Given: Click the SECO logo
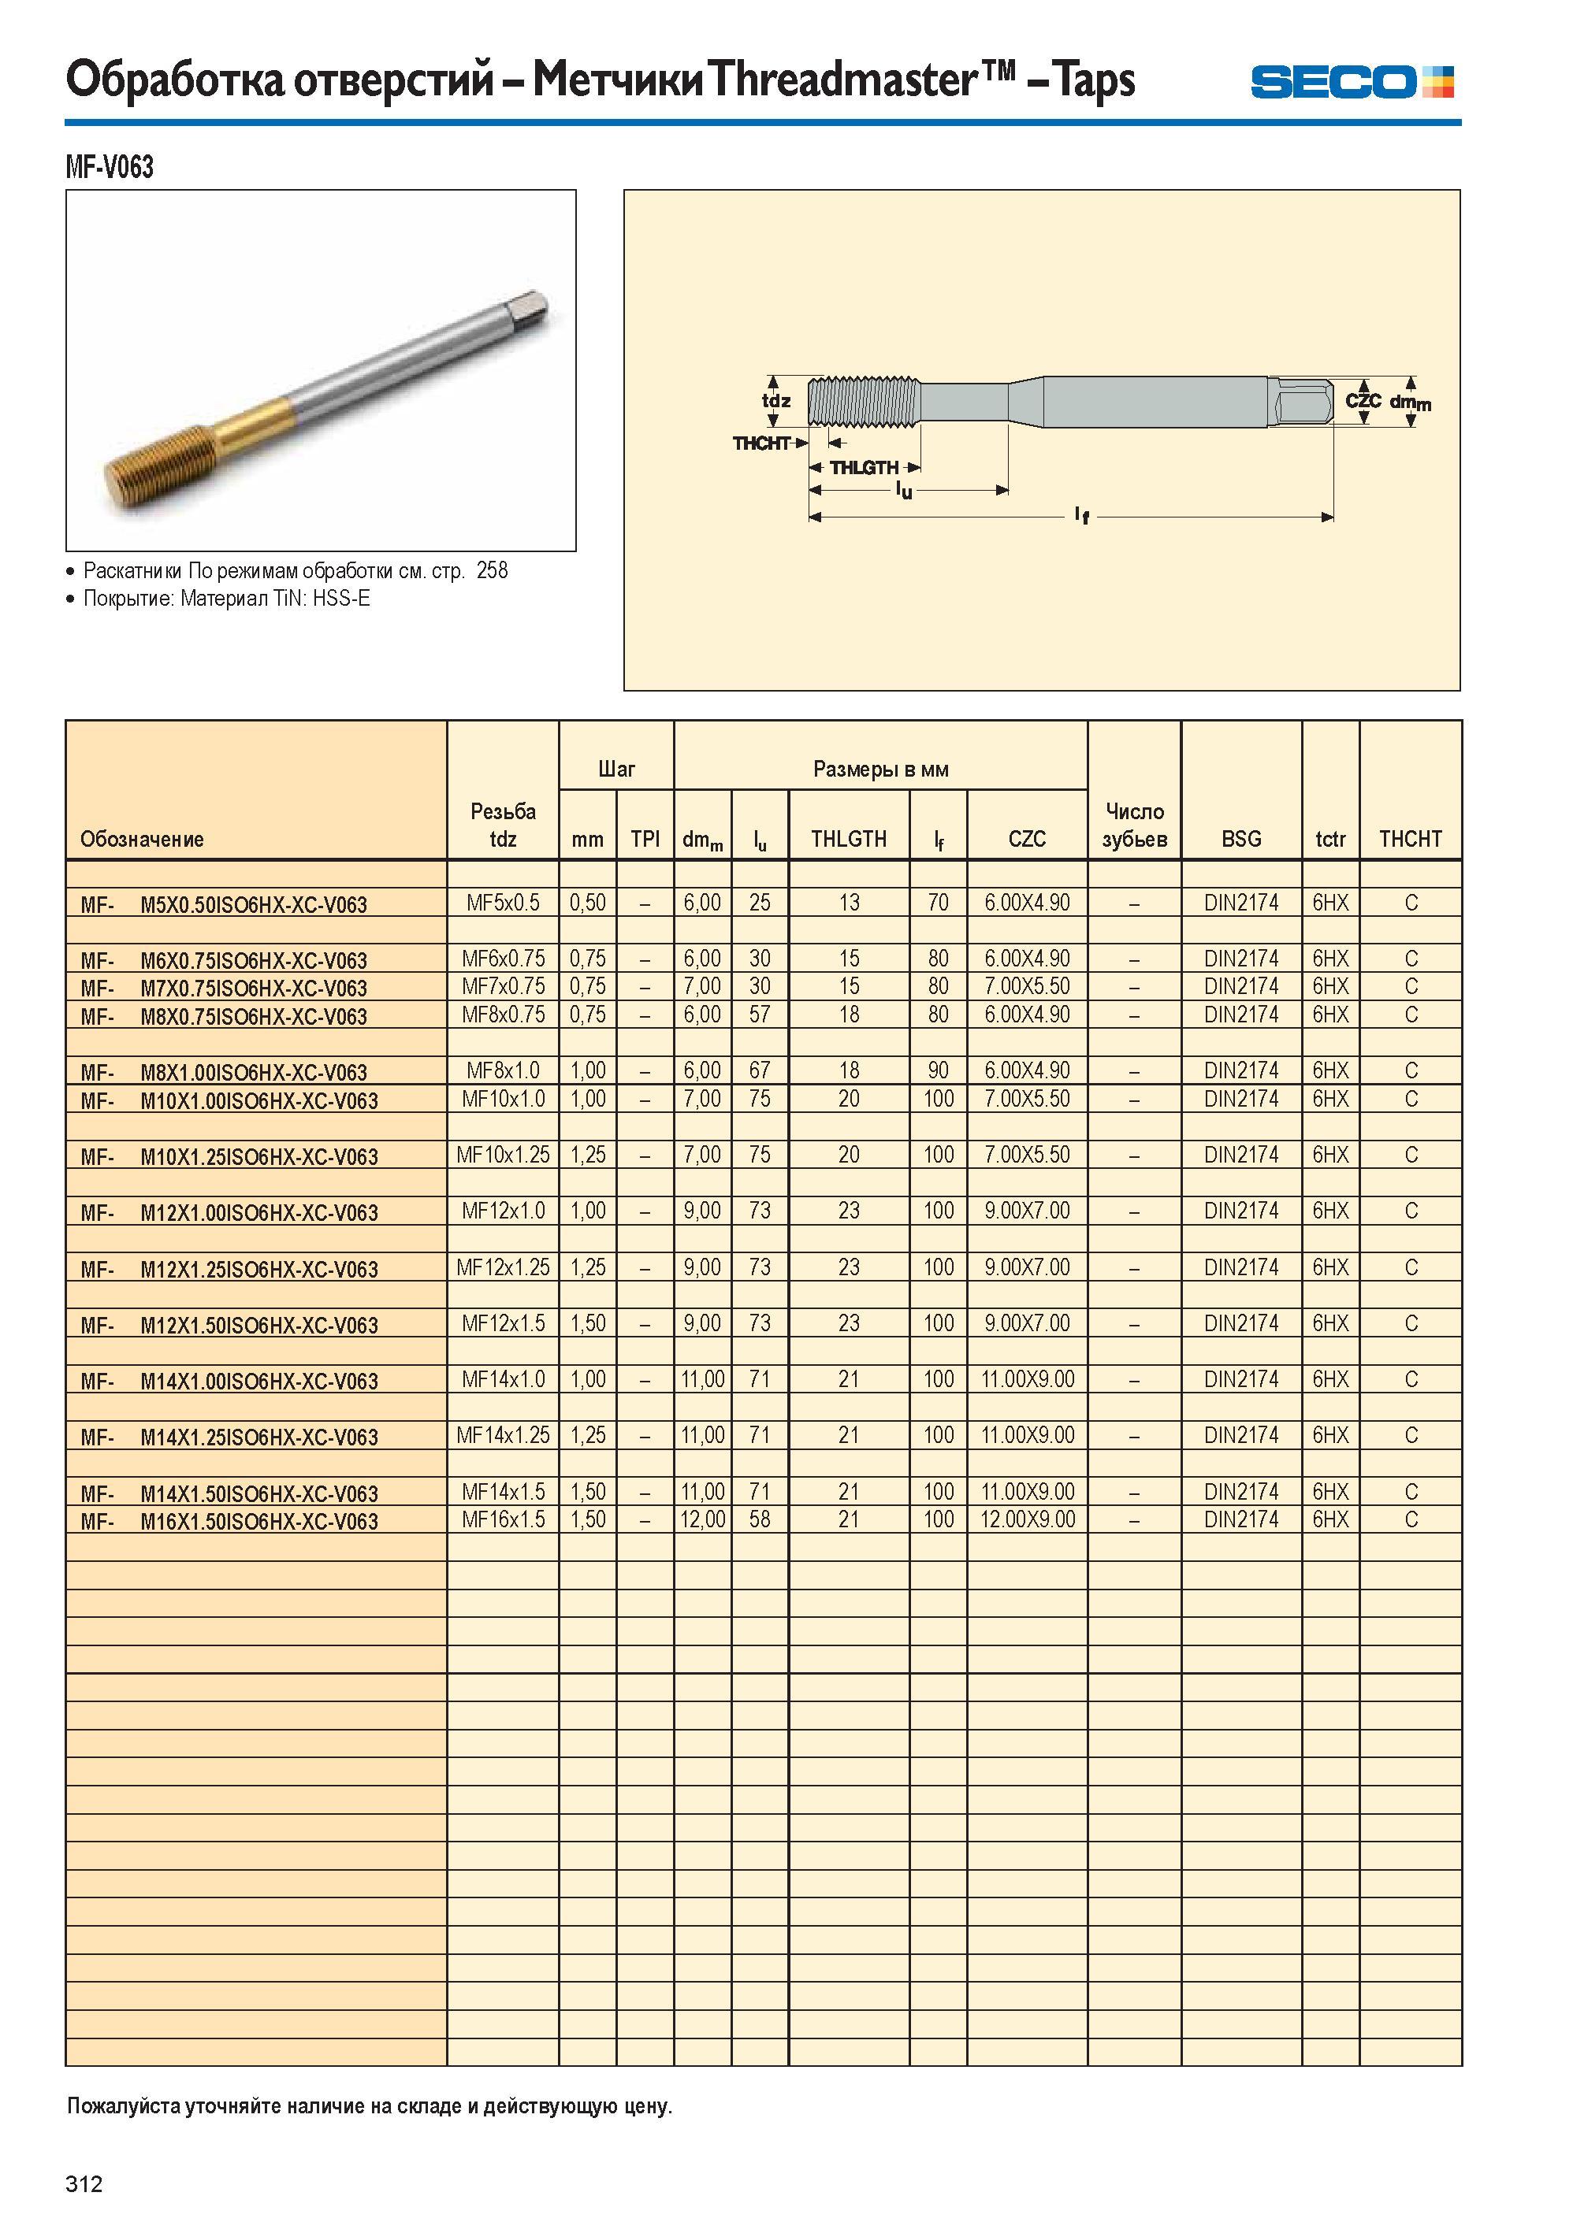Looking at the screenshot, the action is [x=1352, y=81].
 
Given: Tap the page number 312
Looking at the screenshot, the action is [x=84, y=2183].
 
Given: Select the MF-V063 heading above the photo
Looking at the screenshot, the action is [x=110, y=168].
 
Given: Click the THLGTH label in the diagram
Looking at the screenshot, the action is [x=864, y=468].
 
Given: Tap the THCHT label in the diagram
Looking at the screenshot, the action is [x=761, y=443].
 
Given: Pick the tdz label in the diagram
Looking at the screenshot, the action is [x=775, y=401].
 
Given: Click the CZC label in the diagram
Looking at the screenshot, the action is [x=1363, y=400].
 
